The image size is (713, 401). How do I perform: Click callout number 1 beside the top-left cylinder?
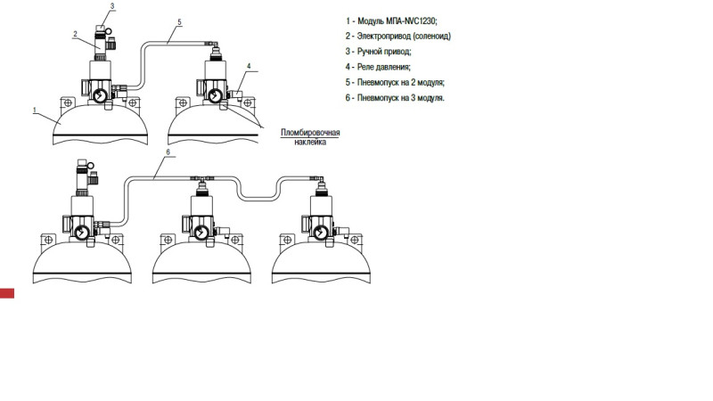(35, 110)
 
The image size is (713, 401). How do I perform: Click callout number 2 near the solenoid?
(76, 34)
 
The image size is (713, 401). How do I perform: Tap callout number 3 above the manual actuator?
(112, 6)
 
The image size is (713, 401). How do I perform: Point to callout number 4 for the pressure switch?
(249, 66)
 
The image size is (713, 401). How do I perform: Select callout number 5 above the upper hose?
(180, 21)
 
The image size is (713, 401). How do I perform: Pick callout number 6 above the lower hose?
(168, 151)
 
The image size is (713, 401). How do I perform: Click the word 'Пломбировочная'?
(310, 133)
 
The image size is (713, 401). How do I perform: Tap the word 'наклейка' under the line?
(310, 142)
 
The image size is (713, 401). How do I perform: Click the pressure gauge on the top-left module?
(101, 95)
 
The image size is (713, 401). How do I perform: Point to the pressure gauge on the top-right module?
(215, 95)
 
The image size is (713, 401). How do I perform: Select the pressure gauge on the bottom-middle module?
(201, 233)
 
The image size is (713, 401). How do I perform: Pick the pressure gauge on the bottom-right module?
(321, 233)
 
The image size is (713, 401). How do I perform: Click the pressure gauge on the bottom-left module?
(82, 233)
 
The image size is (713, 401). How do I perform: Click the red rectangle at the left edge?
(7, 293)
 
